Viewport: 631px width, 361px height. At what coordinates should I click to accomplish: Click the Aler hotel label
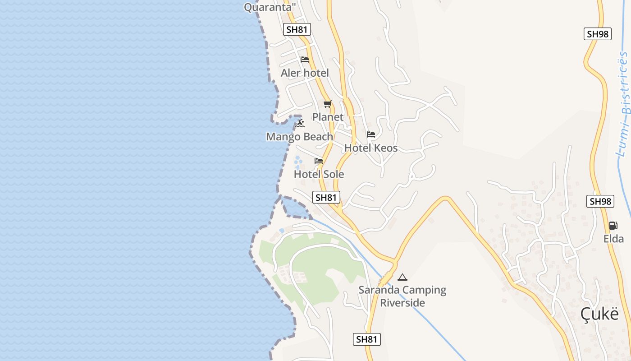[305, 73]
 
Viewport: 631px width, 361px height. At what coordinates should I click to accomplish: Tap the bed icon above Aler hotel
[305, 60]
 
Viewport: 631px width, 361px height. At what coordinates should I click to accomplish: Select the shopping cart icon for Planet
[328, 104]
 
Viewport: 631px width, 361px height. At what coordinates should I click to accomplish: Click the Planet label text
[328, 117]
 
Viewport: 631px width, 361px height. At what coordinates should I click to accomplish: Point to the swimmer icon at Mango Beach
[300, 123]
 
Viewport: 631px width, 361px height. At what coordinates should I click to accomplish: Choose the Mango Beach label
[300, 137]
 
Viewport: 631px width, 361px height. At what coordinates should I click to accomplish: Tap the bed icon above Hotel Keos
[371, 134]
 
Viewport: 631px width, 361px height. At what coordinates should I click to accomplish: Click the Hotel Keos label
[371, 148]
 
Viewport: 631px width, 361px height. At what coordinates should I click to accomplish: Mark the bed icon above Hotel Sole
[319, 161]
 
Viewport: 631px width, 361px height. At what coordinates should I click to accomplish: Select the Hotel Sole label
[319, 174]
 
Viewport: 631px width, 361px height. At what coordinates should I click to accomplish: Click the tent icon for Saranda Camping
[402, 277]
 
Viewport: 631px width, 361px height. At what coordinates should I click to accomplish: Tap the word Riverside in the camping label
[402, 303]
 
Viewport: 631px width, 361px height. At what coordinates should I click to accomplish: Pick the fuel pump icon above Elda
[613, 225]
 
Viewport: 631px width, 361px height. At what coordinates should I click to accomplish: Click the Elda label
[613, 239]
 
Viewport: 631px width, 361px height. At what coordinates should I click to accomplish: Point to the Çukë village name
[599, 314]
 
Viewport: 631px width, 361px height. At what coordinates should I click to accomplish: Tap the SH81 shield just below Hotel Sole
[326, 197]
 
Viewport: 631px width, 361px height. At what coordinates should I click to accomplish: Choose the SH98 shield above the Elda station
[600, 201]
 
